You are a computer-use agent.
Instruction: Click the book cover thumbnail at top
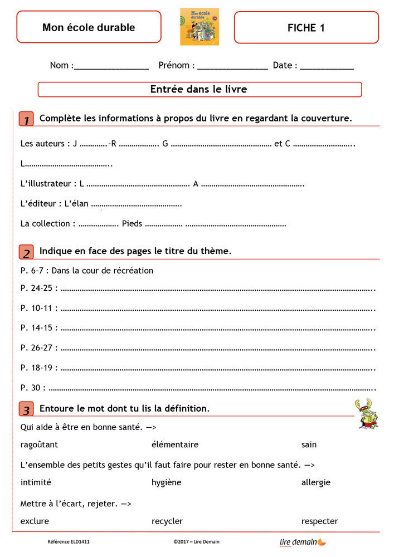pyautogui.click(x=200, y=26)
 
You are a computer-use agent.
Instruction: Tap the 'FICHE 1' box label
pyautogui.click(x=306, y=27)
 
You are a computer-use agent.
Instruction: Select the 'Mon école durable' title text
pyautogui.click(x=89, y=27)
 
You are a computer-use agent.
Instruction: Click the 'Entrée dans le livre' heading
pyautogui.click(x=199, y=89)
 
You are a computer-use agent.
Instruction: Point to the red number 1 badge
pyautogui.click(x=26, y=119)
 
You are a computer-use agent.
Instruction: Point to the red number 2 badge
pyautogui.click(x=26, y=252)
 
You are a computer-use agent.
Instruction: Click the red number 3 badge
pyautogui.click(x=26, y=409)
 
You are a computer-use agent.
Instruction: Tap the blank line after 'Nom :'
pyautogui.click(x=111, y=66)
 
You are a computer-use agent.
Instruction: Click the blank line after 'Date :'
pyautogui.click(x=327, y=66)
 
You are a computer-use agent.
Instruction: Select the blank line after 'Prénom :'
pyautogui.click(x=232, y=66)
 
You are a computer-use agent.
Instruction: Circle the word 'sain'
pyautogui.click(x=309, y=444)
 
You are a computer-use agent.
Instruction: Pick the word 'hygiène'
pyautogui.click(x=166, y=482)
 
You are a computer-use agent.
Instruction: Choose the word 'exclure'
pyautogui.click(x=35, y=521)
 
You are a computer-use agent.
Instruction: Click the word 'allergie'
pyautogui.click(x=315, y=482)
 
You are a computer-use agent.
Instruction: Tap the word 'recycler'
pyautogui.click(x=167, y=521)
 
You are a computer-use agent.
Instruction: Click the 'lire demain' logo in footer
pyautogui.click(x=303, y=541)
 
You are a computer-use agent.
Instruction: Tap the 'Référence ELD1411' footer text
pyautogui.click(x=69, y=541)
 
